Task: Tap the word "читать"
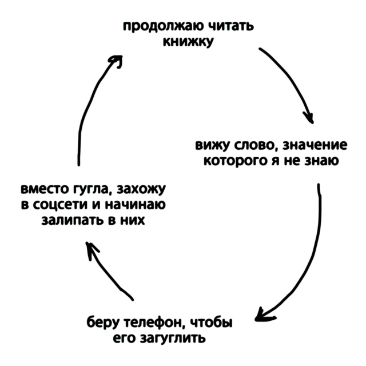tap(228, 27)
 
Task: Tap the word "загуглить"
tap(173, 338)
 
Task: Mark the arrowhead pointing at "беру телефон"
tap(261, 314)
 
